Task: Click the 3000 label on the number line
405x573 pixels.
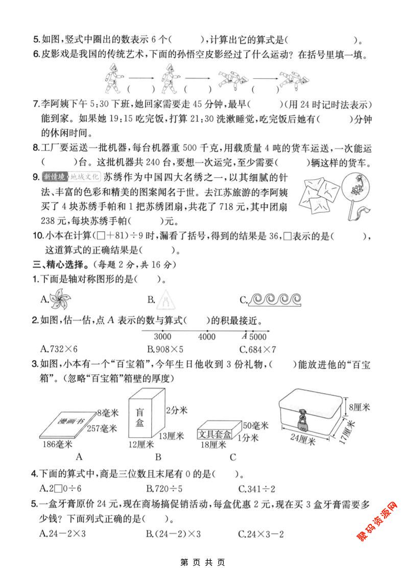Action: [x=162, y=337]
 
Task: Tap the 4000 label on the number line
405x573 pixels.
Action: [x=206, y=337]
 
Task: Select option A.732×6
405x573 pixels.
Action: [x=58, y=350]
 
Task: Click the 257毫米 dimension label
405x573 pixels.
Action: [x=102, y=427]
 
